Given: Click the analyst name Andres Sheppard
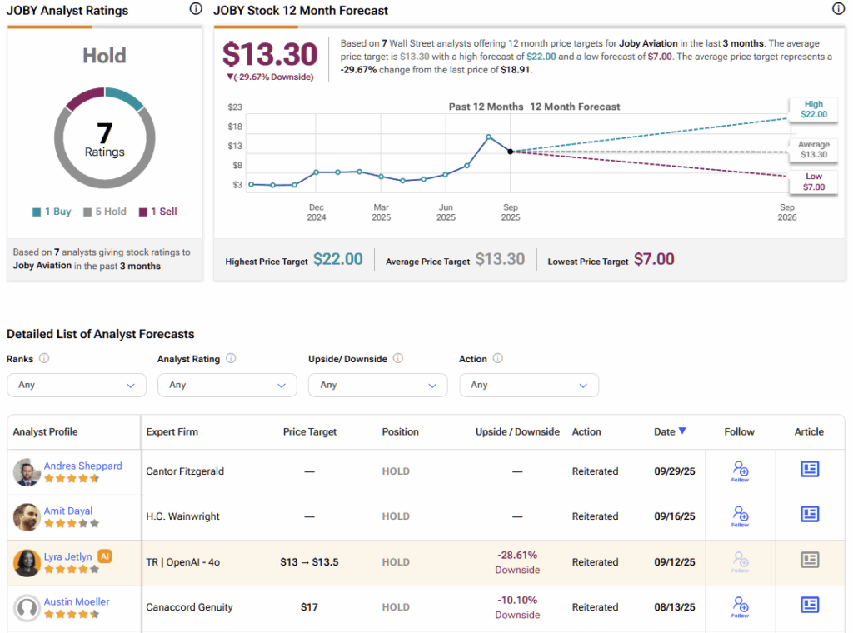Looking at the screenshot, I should [83, 466].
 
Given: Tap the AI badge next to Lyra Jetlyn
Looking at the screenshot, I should [105, 556].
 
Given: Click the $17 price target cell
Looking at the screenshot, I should [309, 607].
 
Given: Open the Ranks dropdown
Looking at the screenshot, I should [77, 385].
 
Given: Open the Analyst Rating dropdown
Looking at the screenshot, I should [227, 385].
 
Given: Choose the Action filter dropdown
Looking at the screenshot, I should [529, 385].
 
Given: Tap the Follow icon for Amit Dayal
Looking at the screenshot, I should [740, 516].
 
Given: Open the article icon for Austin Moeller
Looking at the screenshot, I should [809, 605].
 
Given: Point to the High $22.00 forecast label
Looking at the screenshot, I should [813, 109].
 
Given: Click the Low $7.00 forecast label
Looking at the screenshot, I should [813, 182].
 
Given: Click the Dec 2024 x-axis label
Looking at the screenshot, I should [317, 212].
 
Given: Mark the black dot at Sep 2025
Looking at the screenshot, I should [510, 152].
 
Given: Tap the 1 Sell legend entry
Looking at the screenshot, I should [157, 212].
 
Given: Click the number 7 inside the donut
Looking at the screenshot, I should [105, 132].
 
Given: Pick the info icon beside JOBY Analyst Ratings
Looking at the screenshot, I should [196, 9].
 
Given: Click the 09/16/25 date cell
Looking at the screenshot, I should [674, 516].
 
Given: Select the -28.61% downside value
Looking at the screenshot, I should [517, 555].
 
